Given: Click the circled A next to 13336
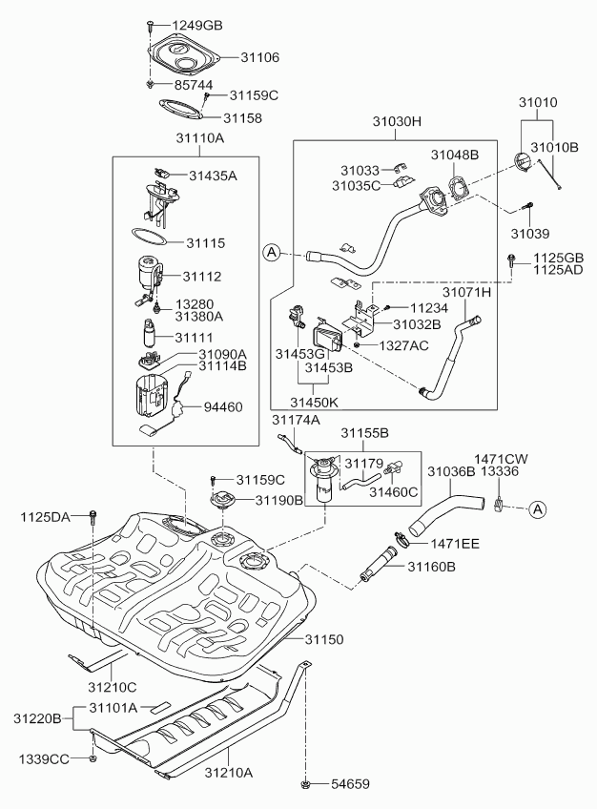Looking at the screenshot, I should [x=536, y=509].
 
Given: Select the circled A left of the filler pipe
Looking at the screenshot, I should [x=272, y=252].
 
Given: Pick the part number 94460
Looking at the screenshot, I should [x=222, y=406].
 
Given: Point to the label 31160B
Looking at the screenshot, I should [x=432, y=567].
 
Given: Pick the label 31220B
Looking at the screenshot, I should [x=37, y=716].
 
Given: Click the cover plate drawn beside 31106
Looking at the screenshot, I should [x=189, y=54].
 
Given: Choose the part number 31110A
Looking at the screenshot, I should [x=198, y=138].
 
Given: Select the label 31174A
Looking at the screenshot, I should [x=296, y=420].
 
